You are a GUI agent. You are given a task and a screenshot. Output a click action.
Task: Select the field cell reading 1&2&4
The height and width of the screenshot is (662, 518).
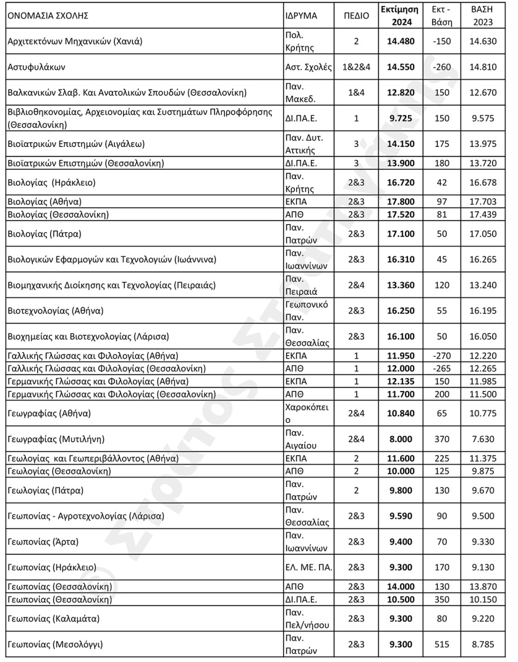tap(356, 67)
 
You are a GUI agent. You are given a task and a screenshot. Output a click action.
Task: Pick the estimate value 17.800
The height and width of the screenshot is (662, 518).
tap(400, 201)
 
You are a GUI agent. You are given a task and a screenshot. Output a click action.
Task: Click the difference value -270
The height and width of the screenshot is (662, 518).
tap(441, 356)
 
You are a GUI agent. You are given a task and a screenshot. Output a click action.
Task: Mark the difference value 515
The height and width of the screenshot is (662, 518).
tap(441, 644)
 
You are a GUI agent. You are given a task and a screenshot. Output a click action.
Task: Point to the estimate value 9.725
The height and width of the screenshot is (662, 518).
tap(400, 118)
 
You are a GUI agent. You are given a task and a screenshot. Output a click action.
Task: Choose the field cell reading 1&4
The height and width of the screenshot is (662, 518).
tap(356, 92)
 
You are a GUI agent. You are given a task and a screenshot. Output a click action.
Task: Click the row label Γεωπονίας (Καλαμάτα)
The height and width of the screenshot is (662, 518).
tap(52, 618)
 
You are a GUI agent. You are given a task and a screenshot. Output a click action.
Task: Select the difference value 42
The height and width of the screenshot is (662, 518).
tap(441, 182)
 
